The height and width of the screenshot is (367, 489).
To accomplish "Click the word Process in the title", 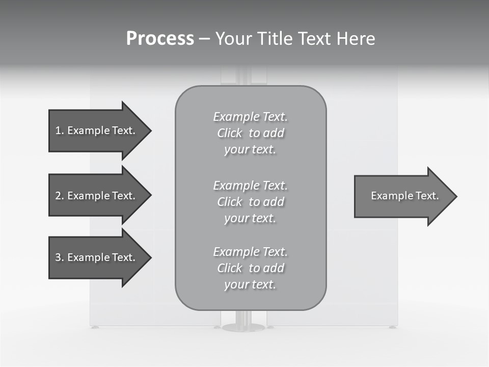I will tap(160, 39).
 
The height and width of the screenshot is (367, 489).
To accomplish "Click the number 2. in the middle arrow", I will tap(59, 196).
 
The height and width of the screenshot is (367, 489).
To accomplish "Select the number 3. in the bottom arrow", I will tap(59, 257).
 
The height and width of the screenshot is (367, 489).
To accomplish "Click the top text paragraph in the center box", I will tap(250, 133).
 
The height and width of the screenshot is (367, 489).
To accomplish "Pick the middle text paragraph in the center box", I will tap(250, 202).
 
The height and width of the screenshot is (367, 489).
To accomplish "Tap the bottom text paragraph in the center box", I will tap(250, 268).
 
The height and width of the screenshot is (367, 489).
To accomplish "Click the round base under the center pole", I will tap(243, 327).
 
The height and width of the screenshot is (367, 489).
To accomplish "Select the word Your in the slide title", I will tap(232, 39).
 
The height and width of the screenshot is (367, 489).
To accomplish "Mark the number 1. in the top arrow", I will tap(59, 130).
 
